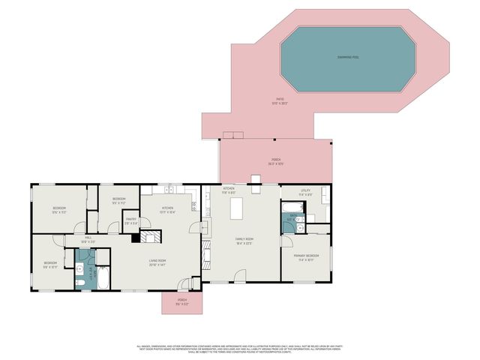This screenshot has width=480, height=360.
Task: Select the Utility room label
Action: tap(305, 192)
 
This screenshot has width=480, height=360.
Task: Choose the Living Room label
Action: tap(157, 263)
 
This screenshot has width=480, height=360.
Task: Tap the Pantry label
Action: tap(130, 220)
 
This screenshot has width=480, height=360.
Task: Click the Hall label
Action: tap(89, 241)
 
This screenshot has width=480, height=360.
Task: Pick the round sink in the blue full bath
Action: tap(79, 268)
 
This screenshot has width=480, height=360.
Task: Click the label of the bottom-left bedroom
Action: tap(50, 264)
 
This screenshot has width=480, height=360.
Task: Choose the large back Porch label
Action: tap(275, 160)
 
